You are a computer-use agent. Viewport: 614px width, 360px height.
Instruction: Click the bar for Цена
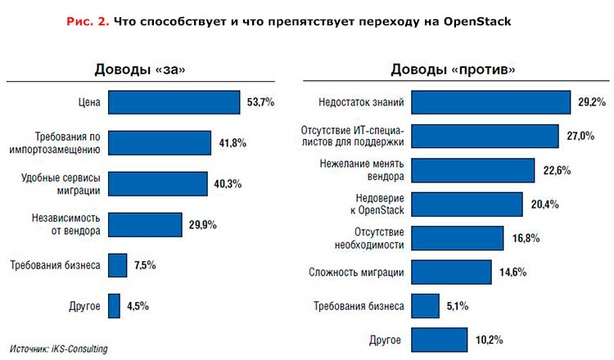(173, 102)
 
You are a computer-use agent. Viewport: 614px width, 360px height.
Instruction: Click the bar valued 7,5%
(117, 265)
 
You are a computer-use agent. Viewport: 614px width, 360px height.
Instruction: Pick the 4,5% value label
(138, 307)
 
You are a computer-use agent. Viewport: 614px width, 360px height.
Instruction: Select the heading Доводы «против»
(453, 70)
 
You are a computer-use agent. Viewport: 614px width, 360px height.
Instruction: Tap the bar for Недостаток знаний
(490, 102)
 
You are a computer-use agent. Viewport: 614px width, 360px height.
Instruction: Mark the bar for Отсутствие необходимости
(457, 237)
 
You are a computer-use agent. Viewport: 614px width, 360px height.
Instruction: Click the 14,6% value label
(512, 272)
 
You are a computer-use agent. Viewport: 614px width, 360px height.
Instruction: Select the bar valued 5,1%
(424, 305)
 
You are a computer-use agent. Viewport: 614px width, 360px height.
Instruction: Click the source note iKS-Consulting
(59, 349)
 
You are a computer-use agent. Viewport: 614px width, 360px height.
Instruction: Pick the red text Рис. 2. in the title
(87, 21)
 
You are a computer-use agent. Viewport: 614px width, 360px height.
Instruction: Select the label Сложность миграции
(356, 272)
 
